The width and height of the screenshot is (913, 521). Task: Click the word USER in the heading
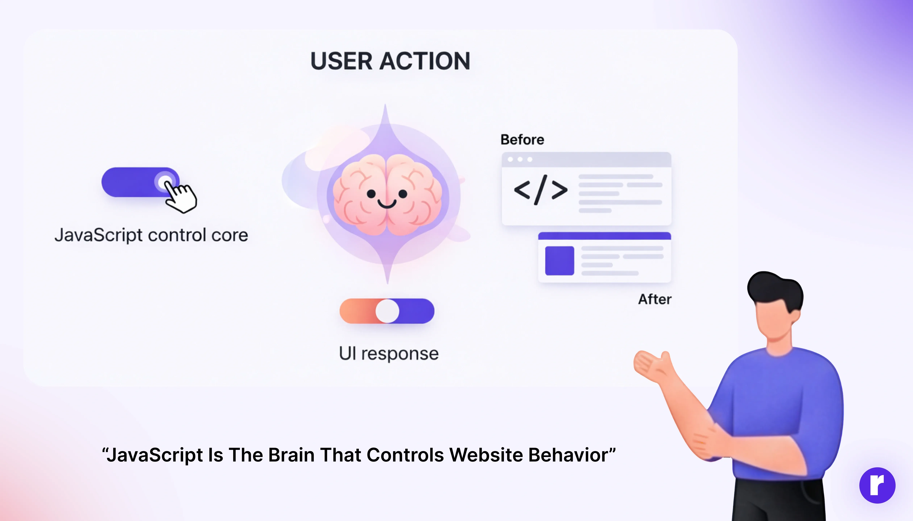coord(342,61)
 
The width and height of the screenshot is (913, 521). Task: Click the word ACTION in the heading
coord(425,61)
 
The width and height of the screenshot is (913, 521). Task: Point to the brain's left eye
coord(371,194)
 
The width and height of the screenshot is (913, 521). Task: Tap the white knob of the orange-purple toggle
coord(387,311)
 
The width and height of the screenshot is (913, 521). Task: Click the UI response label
coord(389,354)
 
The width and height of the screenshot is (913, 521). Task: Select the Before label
coord(522,140)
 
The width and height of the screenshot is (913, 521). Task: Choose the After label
coord(655,299)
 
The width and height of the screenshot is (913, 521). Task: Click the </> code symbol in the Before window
coord(541,190)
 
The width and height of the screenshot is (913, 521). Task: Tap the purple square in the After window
coord(560,260)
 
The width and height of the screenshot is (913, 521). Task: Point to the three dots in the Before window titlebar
coord(520,159)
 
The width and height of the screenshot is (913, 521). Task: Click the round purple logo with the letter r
coord(877,485)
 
